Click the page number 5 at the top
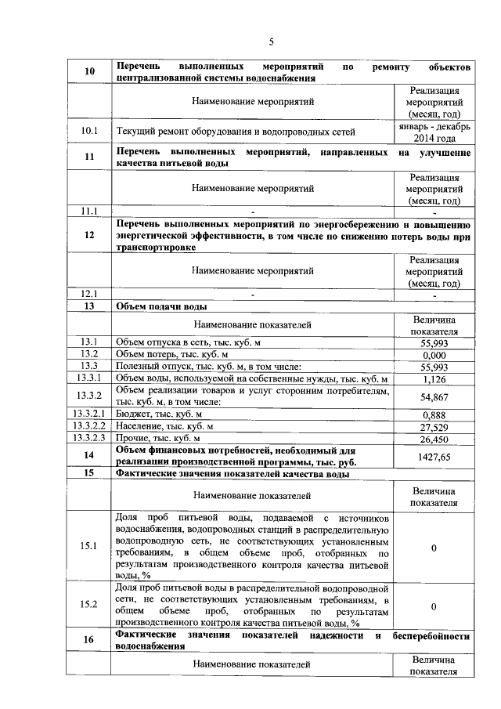click(271, 42)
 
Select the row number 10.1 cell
click(88, 131)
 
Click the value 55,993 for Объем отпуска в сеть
click(434, 343)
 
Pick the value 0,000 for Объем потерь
click(434, 355)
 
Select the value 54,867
click(434, 396)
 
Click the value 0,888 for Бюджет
click(434, 414)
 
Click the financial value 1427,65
click(434, 456)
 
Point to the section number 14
click(88, 456)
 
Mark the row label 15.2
click(88, 604)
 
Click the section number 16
click(88, 640)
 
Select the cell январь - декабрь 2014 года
click(434, 131)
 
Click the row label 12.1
click(88, 295)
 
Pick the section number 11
click(88, 157)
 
